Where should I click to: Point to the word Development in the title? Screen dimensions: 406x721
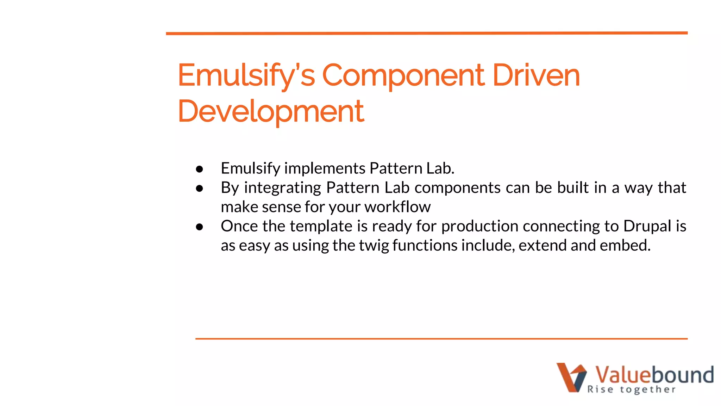click(271, 111)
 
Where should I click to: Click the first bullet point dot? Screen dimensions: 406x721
click(200, 169)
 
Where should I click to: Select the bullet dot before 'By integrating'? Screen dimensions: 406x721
click(200, 189)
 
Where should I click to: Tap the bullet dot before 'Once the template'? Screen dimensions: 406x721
click(200, 227)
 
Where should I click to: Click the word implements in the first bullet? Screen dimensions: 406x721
click(325, 168)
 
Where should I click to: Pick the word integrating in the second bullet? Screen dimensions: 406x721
click(282, 188)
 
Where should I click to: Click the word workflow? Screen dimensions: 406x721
click(397, 207)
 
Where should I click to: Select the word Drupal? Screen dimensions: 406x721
click(647, 226)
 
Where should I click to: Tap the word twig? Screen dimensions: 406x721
click(374, 245)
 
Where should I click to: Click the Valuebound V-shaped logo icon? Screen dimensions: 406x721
click(571, 377)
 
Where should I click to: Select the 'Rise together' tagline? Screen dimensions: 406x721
click(631, 389)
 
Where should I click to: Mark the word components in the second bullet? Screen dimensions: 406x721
click(457, 188)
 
